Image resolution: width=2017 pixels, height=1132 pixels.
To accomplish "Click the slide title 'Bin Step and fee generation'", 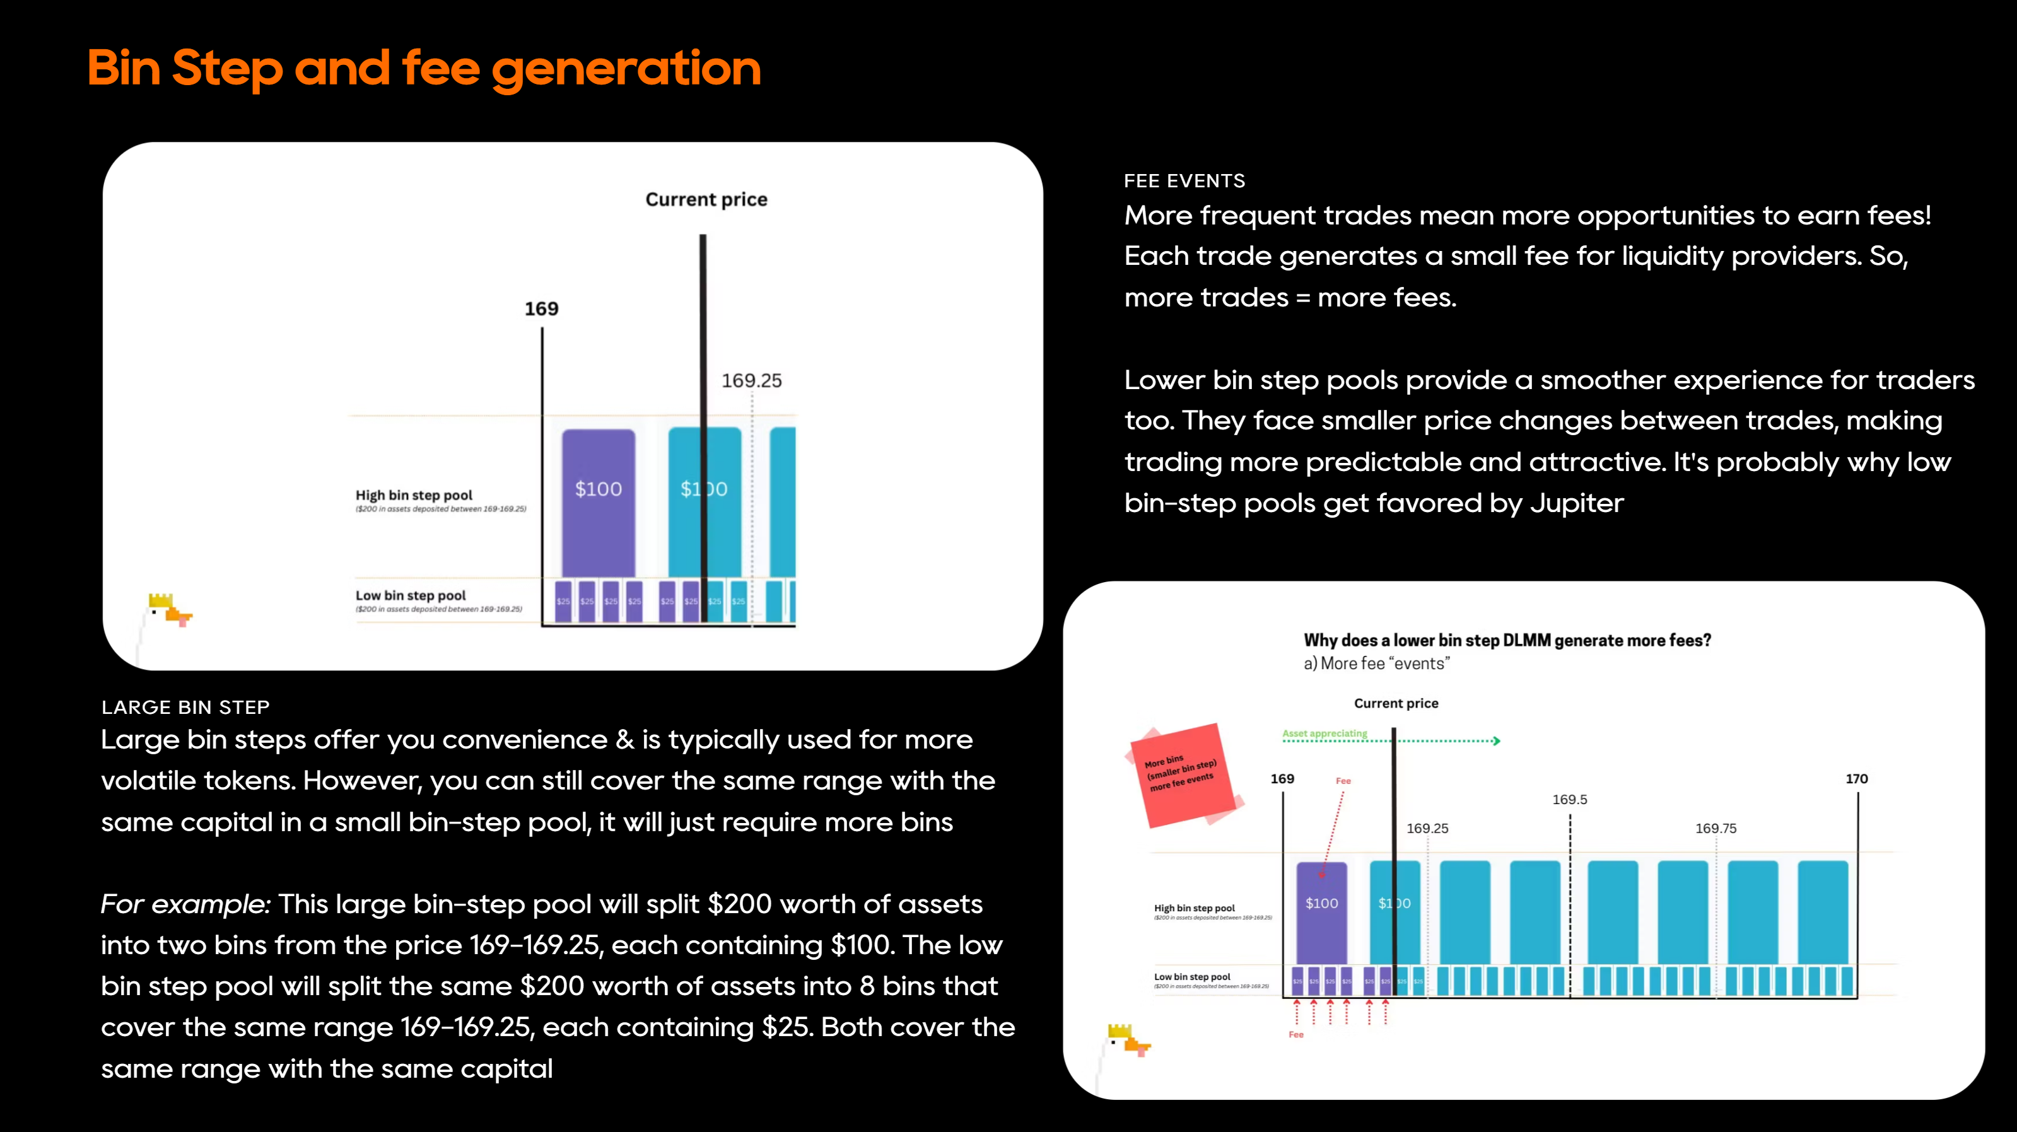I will [x=424, y=68].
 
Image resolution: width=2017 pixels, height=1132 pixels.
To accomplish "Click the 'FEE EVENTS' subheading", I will [x=1184, y=181].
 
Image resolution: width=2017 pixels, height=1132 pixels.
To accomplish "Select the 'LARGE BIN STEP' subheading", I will [x=185, y=707].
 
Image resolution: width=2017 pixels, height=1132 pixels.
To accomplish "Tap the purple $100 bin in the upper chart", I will [x=598, y=501].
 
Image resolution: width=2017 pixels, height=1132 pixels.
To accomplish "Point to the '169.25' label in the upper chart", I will [x=751, y=380].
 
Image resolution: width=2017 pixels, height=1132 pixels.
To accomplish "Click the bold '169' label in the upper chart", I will [x=541, y=308].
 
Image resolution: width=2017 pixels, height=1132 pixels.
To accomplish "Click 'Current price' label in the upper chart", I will [x=706, y=200].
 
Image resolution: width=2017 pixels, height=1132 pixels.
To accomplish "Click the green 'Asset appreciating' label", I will [x=1324, y=733].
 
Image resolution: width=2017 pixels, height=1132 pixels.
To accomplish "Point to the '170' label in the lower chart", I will [x=1856, y=779].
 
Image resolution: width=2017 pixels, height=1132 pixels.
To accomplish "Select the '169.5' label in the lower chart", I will [x=1569, y=799].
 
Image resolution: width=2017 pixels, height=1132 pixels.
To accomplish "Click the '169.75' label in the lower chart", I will [x=1716, y=828].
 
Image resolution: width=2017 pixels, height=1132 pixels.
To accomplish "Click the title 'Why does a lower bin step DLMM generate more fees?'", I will [x=1507, y=640].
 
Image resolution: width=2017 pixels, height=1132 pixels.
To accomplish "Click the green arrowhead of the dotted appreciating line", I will [x=1496, y=740].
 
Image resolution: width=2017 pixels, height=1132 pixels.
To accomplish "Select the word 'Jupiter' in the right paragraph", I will [x=1576, y=503].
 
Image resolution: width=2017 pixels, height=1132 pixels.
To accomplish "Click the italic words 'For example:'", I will [x=185, y=904].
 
